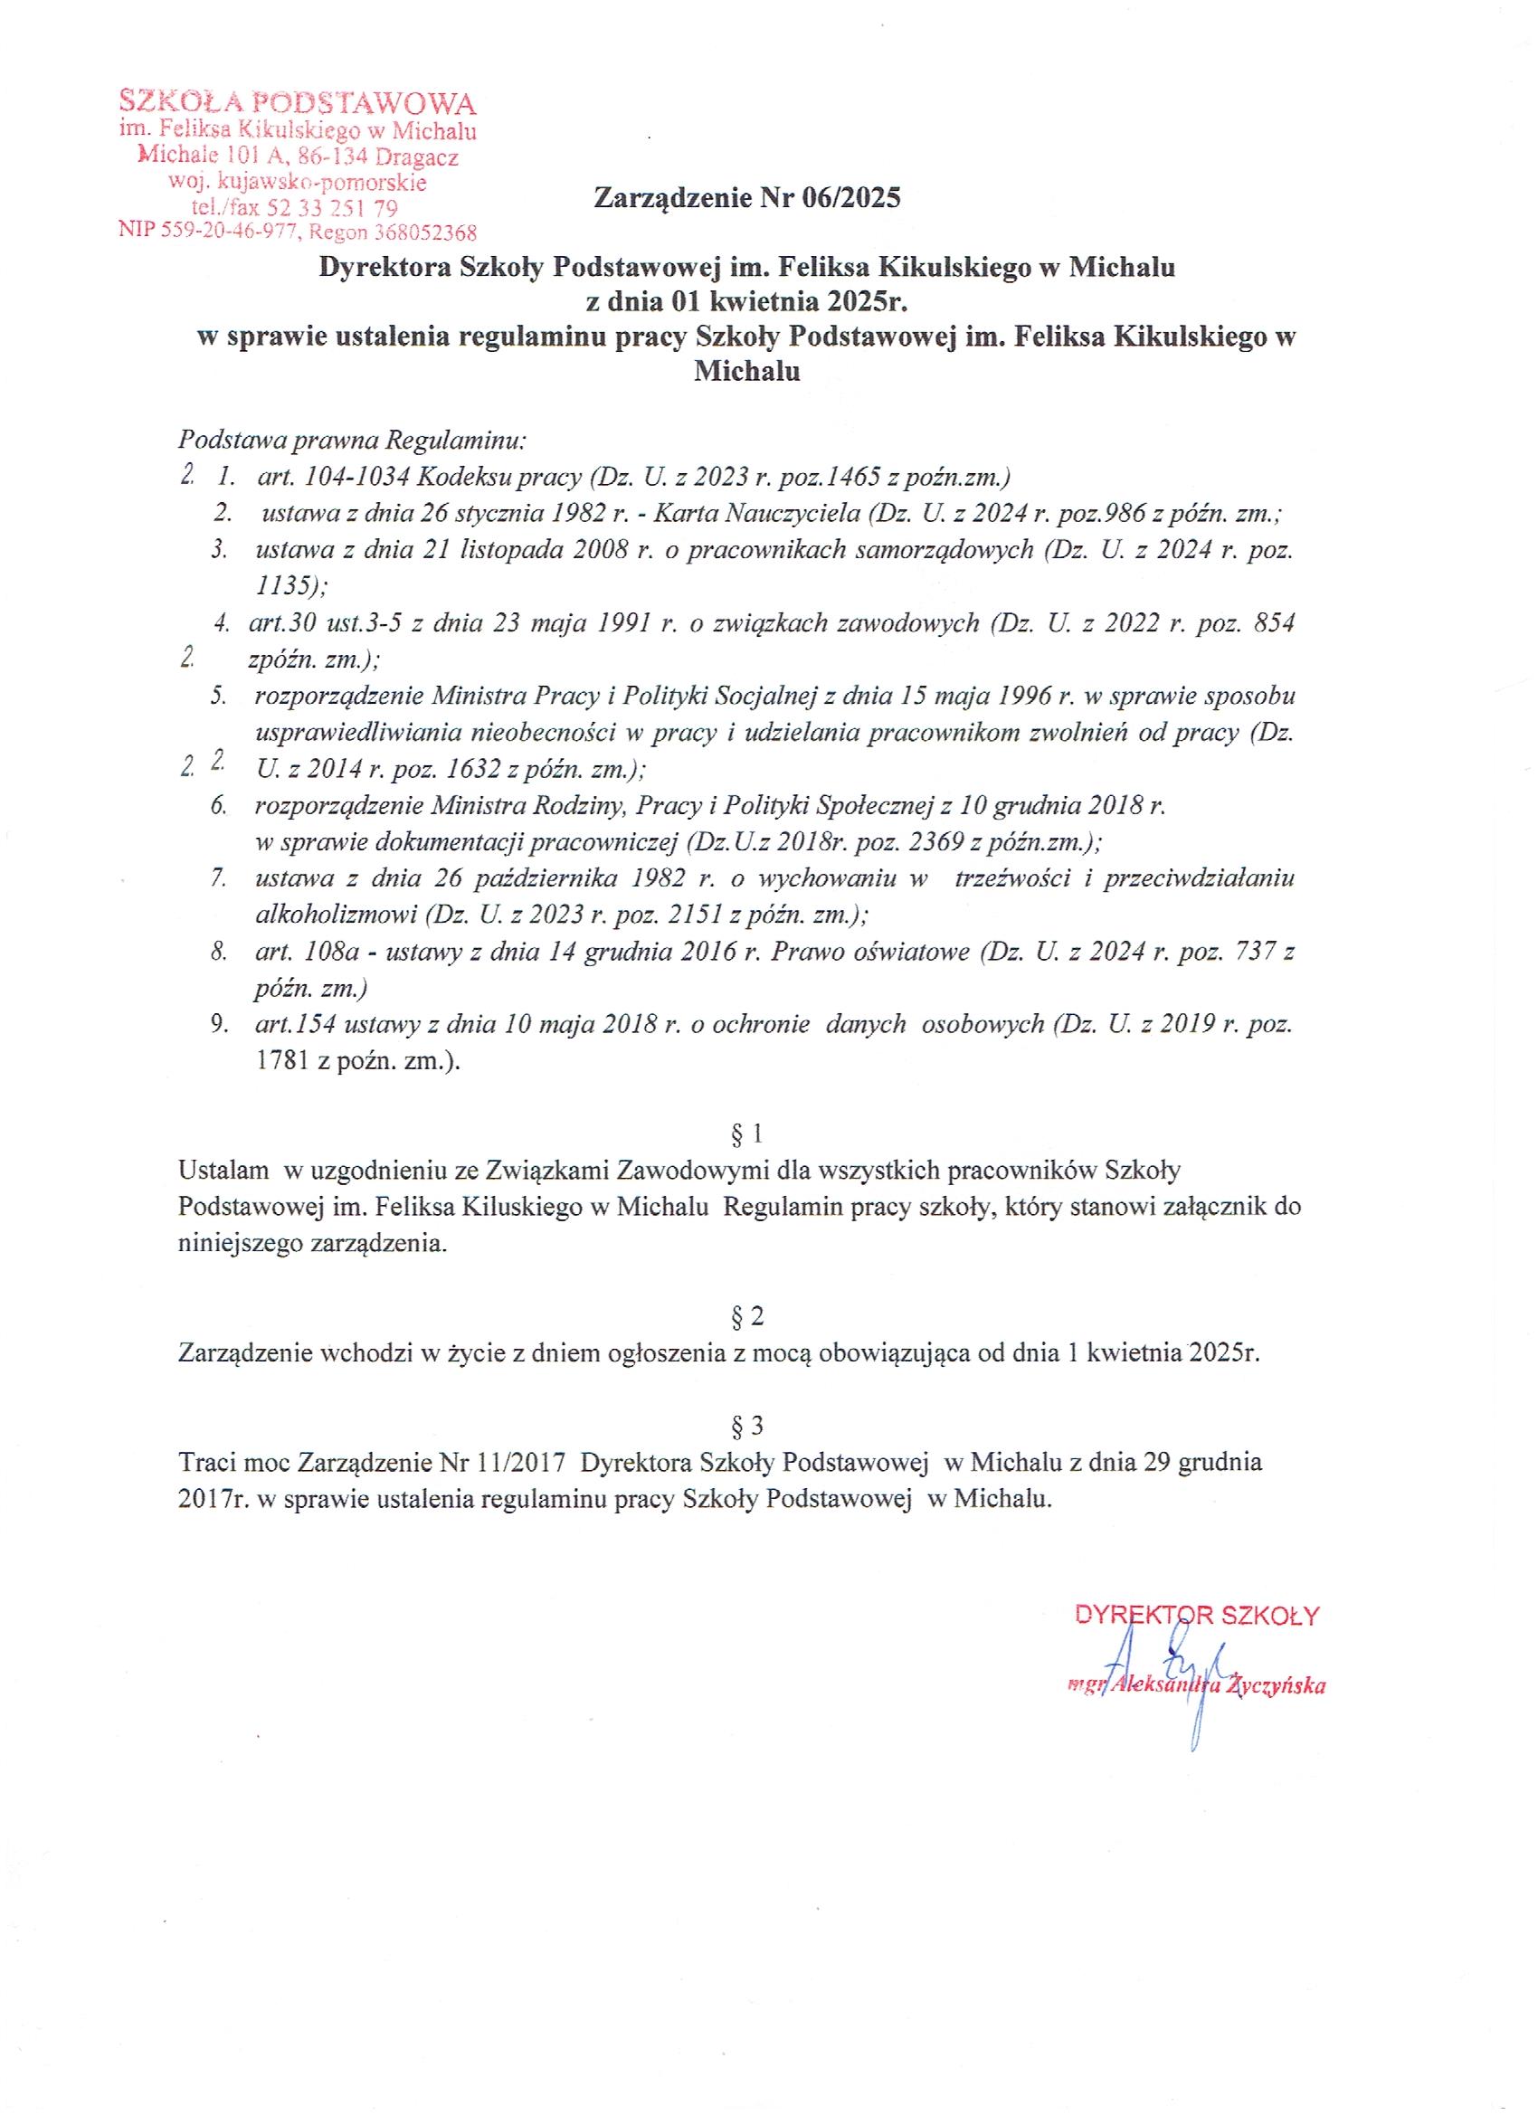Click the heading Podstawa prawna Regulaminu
coord(354,439)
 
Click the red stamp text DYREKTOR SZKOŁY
coord(1197,1615)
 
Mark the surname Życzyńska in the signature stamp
coord(1279,1686)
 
